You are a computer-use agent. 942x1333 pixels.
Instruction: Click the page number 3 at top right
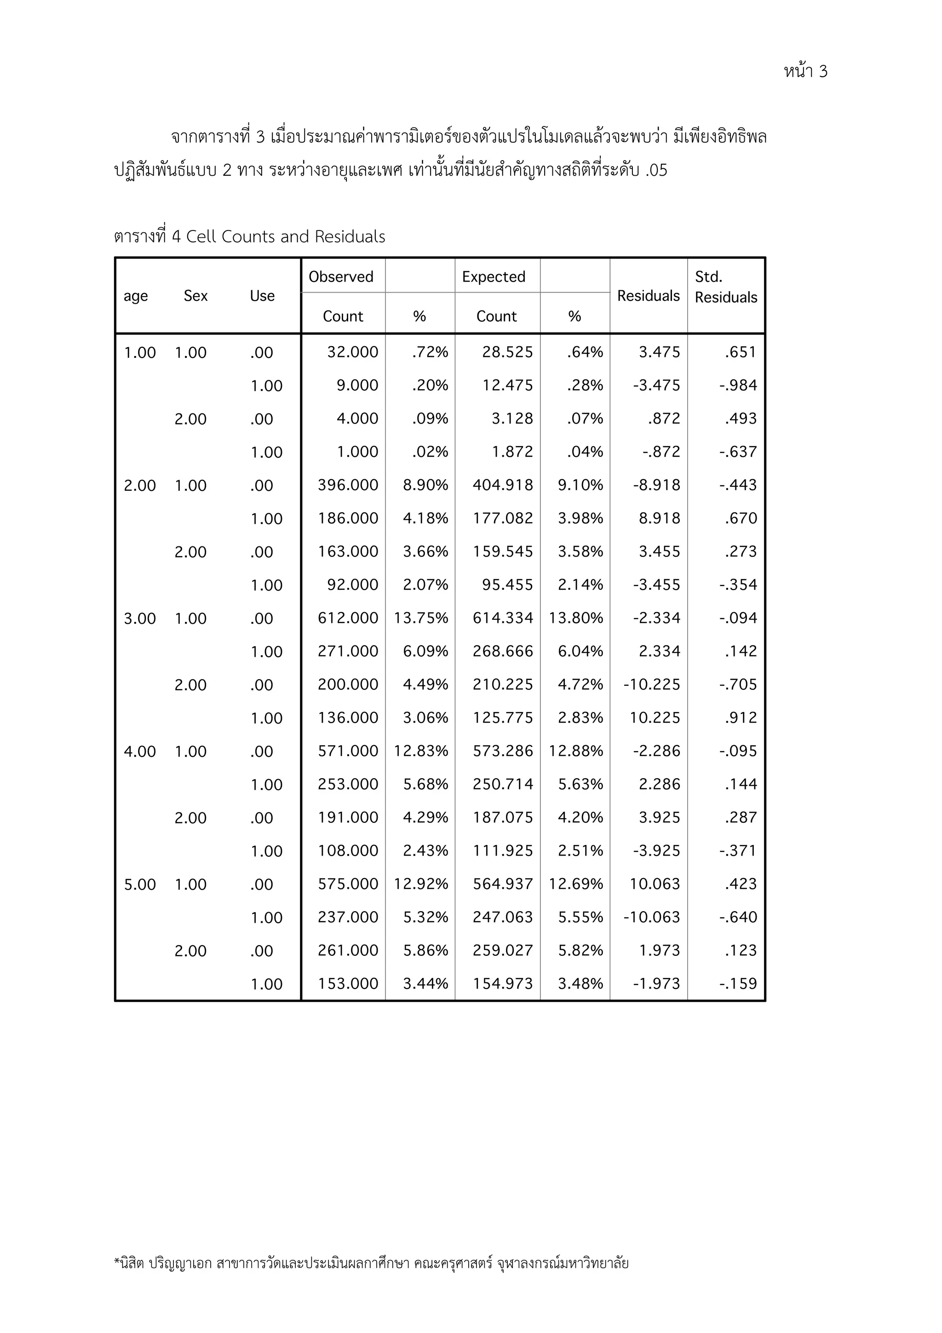(x=822, y=71)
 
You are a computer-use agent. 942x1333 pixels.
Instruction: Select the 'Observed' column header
(x=341, y=277)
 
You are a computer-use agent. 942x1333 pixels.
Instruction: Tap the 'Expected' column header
(x=494, y=277)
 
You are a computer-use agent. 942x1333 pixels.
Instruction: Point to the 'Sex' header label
(x=195, y=296)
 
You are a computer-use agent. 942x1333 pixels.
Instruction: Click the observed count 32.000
(x=352, y=352)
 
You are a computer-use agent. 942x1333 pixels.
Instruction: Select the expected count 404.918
(x=503, y=485)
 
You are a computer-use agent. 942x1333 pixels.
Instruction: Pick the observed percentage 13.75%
(x=421, y=618)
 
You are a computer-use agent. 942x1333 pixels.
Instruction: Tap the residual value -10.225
(x=651, y=684)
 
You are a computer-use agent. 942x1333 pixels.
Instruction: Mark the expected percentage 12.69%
(x=576, y=884)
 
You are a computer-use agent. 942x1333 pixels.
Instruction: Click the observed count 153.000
(x=348, y=983)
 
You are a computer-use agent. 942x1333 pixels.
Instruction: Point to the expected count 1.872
(x=512, y=452)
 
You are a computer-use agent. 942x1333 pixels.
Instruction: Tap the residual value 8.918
(x=659, y=518)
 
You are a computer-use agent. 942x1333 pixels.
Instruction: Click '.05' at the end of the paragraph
(x=656, y=171)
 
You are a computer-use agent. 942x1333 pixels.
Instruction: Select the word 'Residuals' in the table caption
(x=350, y=237)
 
